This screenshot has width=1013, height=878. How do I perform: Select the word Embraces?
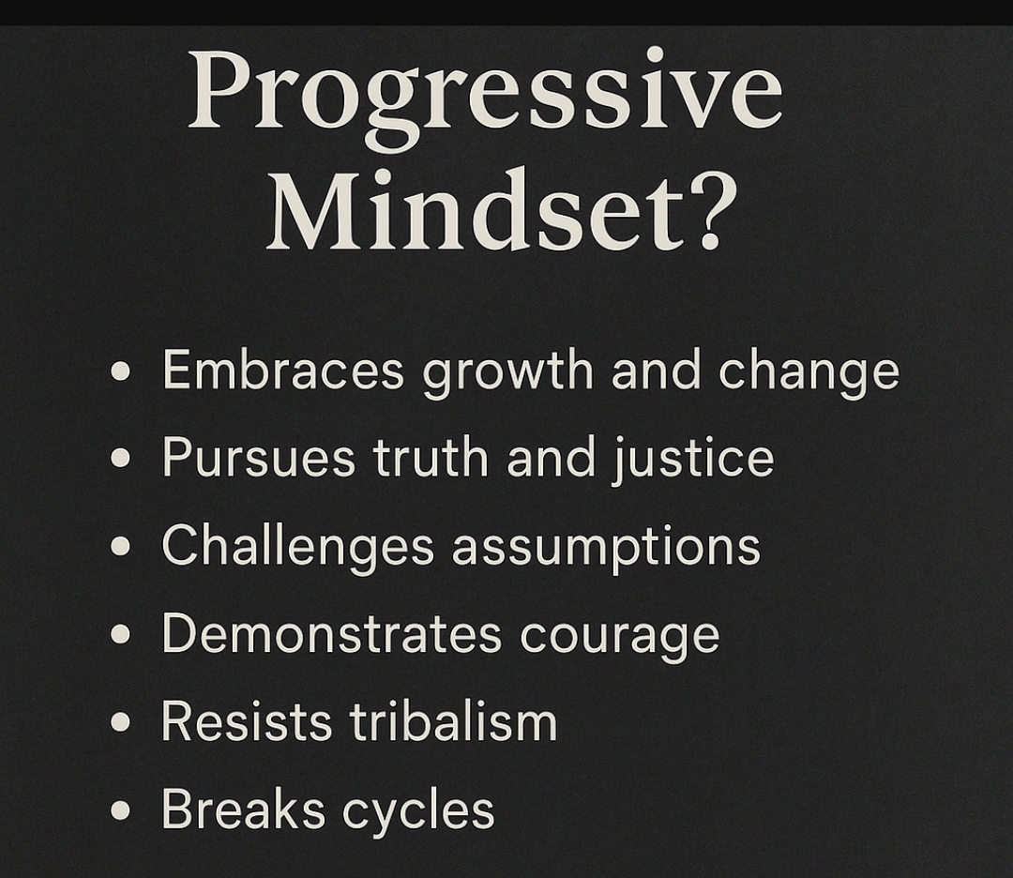click(283, 371)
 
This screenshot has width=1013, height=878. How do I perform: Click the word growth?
click(507, 373)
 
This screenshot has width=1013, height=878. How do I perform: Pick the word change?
click(809, 373)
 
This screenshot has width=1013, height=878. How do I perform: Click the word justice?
click(692, 459)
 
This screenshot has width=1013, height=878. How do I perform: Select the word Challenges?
click(298, 547)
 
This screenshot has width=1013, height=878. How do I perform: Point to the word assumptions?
click(606, 548)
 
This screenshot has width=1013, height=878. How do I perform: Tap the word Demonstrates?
click(331, 634)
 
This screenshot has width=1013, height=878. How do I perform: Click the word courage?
click(620, 638)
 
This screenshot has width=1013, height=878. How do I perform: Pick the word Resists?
click(246, 721)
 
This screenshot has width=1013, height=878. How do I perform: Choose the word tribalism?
click(453, 720)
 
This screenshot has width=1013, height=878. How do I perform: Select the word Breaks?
click(243, 809)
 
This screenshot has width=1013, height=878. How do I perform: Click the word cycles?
click(418, 811)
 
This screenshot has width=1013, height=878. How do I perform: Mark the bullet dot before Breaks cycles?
click(121, 810)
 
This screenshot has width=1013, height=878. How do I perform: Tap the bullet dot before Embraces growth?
click(121, 371)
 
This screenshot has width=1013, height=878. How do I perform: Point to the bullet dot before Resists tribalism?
click(121, 721)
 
